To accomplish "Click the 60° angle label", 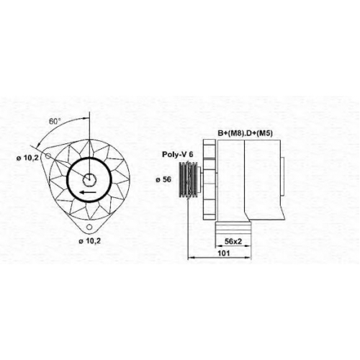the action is tap(53, 122).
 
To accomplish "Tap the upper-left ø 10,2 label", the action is tap(27, 158).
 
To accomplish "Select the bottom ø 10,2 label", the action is tap(90, 241).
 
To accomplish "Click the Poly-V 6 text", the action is tap(177, 154).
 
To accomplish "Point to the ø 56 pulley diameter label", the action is tap(163, 179).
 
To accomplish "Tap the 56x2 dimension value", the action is tap(233, 241).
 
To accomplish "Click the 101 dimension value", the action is tap(224, 253).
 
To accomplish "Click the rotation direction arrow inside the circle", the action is tap(89, 192).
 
